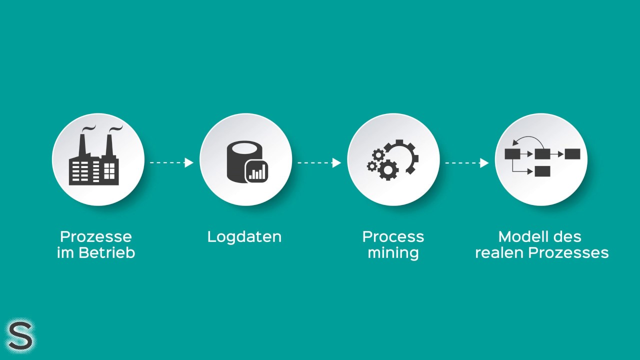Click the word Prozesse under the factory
(96, 236)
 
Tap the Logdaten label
(244, 236)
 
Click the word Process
(393, 236)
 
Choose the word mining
(393, 252)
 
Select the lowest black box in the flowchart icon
(542, 171)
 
